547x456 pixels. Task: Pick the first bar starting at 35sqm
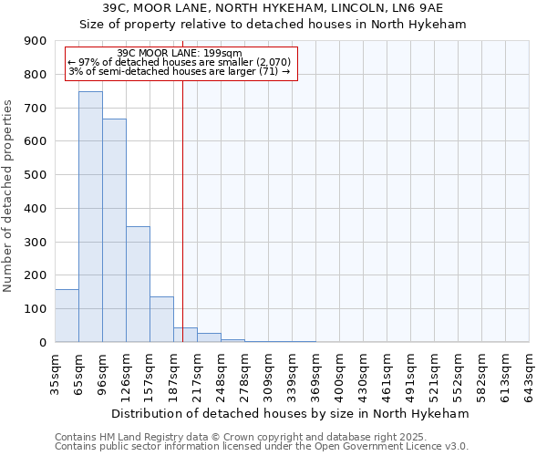tap(67, 316)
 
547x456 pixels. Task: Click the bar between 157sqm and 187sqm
tap(161, 319)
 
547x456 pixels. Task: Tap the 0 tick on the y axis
tap(44, 343)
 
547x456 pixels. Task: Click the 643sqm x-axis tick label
tap(530, 374)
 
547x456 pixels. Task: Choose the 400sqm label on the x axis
tap(340, 374)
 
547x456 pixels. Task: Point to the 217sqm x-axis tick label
tap(198, 374)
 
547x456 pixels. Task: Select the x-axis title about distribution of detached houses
tap(292, 413)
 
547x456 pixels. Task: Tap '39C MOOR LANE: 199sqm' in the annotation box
tap(180, 53)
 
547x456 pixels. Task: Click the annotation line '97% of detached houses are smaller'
tap(180, 62)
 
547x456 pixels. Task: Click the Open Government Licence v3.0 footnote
tap(262, 446)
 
